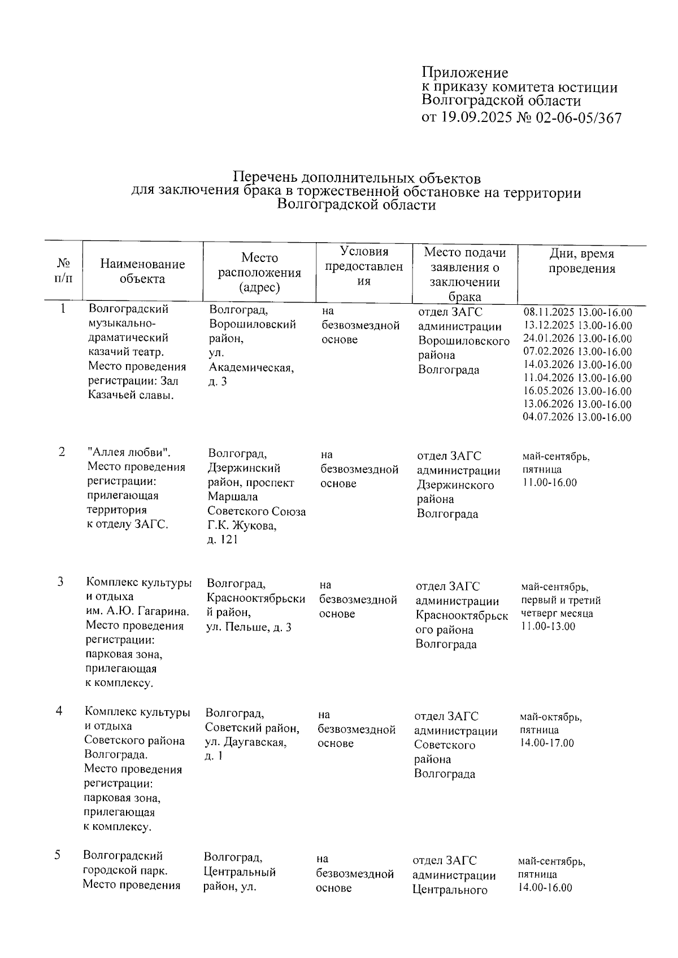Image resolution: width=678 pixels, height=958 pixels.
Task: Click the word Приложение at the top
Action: pos(464,73)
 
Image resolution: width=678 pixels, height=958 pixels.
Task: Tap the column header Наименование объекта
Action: pos(142,271)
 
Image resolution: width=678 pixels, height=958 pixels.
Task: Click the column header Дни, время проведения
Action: pos(581,261)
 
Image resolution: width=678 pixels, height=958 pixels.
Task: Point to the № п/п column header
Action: pos(63,270)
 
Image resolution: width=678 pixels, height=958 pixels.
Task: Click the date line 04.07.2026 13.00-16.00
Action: pos(577,418)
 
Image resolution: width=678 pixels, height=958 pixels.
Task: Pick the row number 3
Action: pos(60,582)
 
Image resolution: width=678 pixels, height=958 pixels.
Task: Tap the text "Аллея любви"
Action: pos(129,453)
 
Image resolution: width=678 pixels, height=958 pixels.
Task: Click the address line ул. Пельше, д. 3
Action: pos(249,627)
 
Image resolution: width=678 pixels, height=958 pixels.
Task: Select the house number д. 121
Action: pos(223,540)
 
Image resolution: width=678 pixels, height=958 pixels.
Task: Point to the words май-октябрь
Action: pos(550,718)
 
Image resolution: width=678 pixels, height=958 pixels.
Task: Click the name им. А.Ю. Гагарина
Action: pos(137,611)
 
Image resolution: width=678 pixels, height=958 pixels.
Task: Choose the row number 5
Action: pos(58,855)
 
